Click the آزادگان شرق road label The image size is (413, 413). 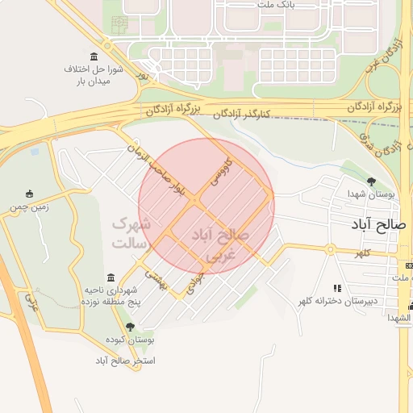pyautogui.click(x=394, y=146)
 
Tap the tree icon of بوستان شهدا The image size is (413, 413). pyautogui.click(x=371, y=181)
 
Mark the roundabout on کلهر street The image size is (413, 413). pyautogui.click(x=330, y=249)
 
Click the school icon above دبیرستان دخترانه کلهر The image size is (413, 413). pyautogui.click(x=337, y=288)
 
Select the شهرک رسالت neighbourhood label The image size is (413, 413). pyautogui.click(x=129, y=232)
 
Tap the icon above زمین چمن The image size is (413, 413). pyautogui.click(x=30, y=193)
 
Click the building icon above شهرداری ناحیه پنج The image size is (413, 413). pyautogui.click(x=111, y=277)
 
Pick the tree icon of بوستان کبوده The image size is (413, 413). pyautogui.click(x=130, y=327)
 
